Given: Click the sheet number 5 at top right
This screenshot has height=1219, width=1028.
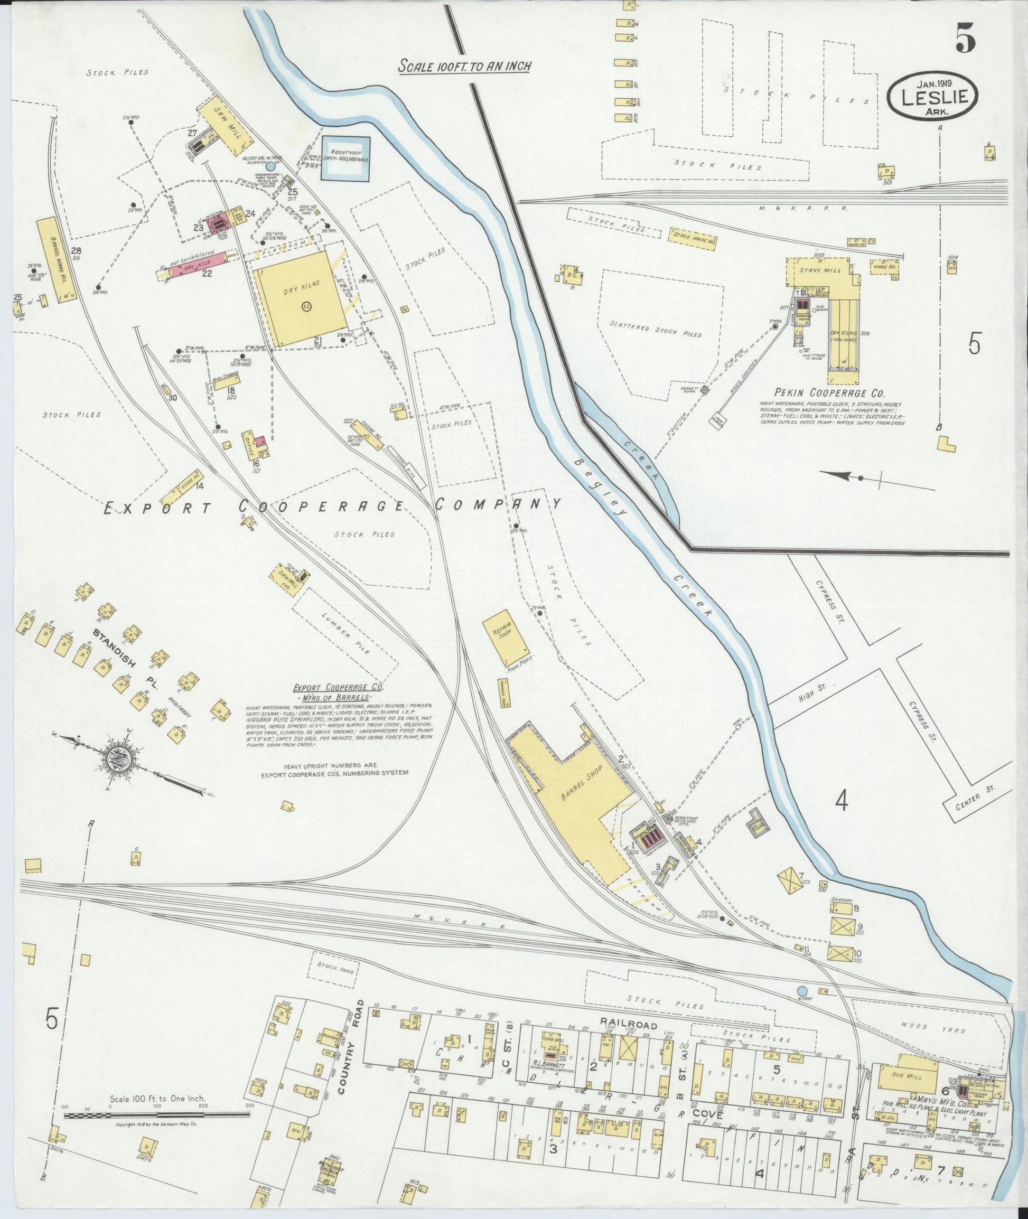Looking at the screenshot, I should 965,41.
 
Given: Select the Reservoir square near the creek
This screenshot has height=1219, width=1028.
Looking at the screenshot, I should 346,158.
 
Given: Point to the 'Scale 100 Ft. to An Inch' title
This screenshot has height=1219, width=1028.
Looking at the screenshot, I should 464,66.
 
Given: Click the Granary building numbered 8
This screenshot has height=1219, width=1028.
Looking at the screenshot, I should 842,908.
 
